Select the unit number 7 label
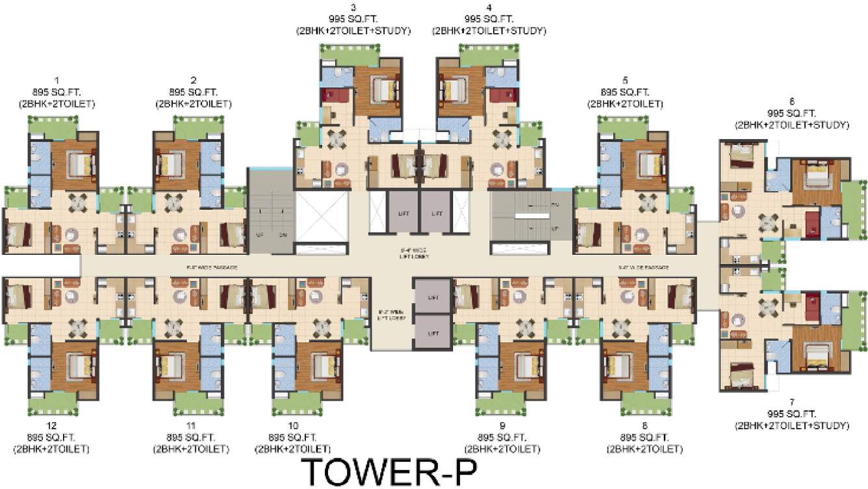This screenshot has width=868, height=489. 791,403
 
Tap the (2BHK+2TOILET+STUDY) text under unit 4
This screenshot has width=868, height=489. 489,31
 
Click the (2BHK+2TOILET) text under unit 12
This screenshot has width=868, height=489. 51,449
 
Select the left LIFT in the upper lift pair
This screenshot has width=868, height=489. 402,213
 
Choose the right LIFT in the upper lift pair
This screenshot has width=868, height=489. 437,213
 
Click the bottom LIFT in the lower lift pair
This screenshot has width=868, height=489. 432,333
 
